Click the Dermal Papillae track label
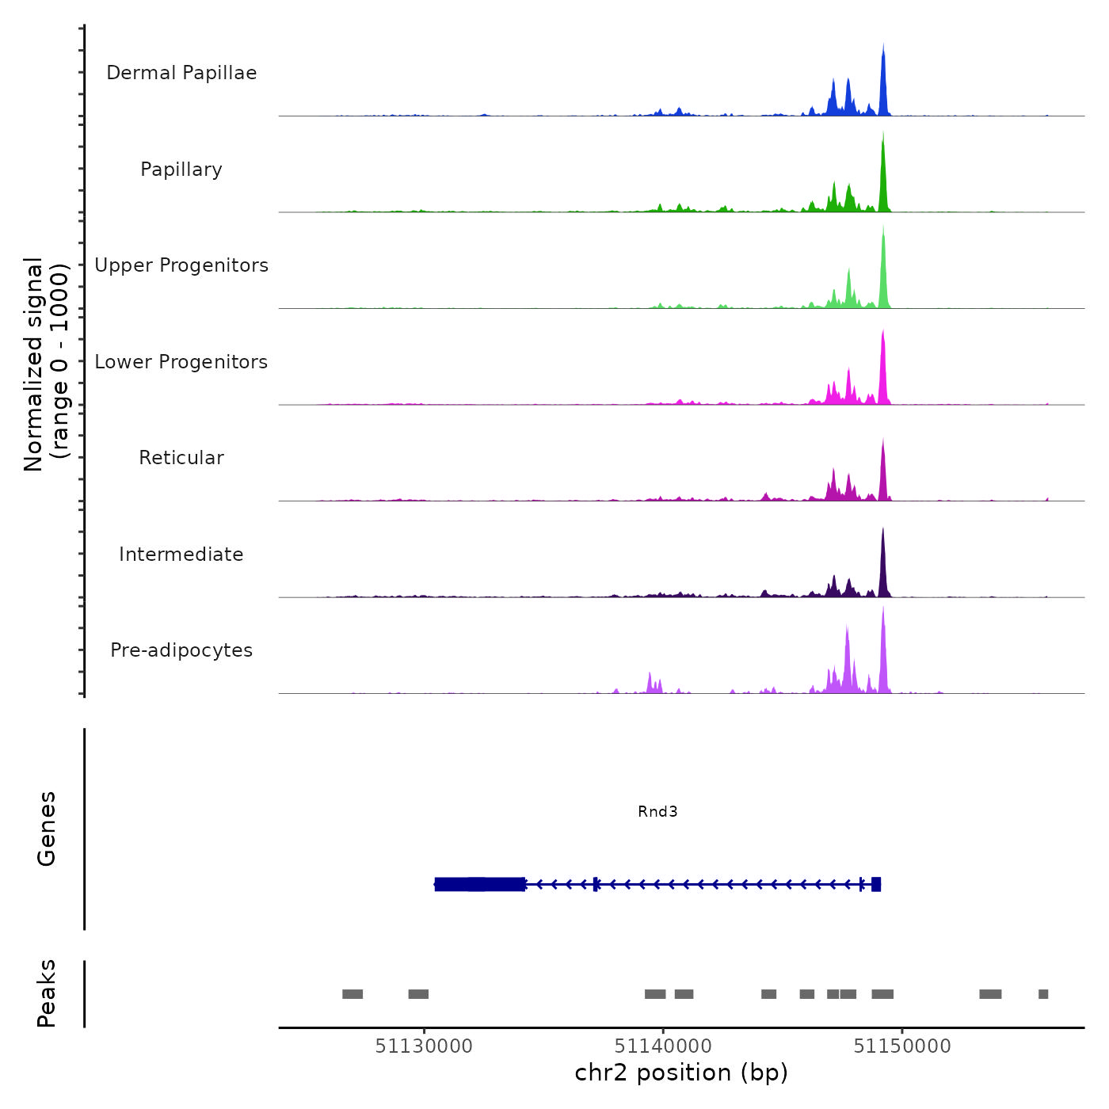(x=181, y=73)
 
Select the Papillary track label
(x=181, y=170)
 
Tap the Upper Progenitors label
(x=181, y=265)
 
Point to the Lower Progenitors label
(x=181, y=362)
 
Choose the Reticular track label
(x=181, y=458)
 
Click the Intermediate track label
(x=181, y=554)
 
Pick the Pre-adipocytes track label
(x=181, y=650)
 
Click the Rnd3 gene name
(x=657, y=811)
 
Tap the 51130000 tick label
(x=424, y=1046)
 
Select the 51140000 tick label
(x=663, y=1046)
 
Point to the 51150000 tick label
(x=902, y=1046)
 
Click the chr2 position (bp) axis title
(x=681, y=1073)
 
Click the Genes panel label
(x=46, y=828)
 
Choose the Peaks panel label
(x=46, y=993)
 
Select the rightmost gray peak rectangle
(x=1043, y=994)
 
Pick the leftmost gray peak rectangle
(x=353, y=994)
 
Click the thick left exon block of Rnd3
(x=479, y=884)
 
